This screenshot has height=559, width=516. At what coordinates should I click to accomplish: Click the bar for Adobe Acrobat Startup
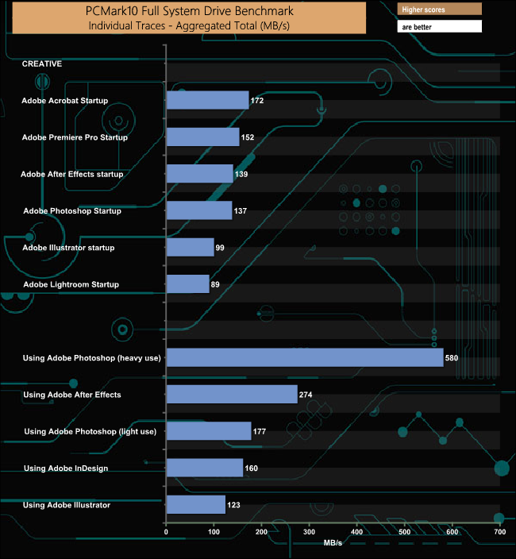coord(207,100)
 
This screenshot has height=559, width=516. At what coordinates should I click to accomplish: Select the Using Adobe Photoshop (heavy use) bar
coord(305,357)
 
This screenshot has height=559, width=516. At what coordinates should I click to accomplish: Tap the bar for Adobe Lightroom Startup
coord(188,284)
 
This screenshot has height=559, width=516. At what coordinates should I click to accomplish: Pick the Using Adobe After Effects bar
coord(232,394)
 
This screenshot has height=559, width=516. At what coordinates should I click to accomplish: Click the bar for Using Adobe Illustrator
coord(195,504)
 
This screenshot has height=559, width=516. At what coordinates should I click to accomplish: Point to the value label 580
coord(452,358)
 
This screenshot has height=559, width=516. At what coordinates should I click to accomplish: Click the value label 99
coord(220,248)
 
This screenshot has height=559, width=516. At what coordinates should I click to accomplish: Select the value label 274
coord(306,395)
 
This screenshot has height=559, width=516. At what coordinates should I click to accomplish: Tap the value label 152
coord(247,137)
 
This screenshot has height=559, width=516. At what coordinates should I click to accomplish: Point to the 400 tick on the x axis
coord(356,532)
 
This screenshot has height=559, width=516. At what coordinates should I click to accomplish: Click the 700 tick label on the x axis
coord(499,532)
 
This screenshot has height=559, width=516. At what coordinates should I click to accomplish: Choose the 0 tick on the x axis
coord(166,532)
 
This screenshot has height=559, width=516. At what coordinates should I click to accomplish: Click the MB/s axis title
coord(333,543)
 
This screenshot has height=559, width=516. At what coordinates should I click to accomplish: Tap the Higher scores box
coord(439,10)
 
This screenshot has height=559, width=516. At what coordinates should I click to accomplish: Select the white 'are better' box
coord(439,27)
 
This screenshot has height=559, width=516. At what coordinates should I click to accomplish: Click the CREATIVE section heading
coord(42,64)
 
